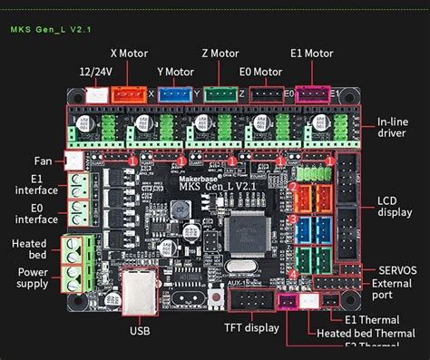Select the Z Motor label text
(220, 54)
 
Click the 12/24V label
(96, 71)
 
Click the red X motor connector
(127, 93)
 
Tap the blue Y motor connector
(176, 93)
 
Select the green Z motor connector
(220, 93)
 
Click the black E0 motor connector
(266, 93)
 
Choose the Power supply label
(32, 277)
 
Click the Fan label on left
(30, 161)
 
